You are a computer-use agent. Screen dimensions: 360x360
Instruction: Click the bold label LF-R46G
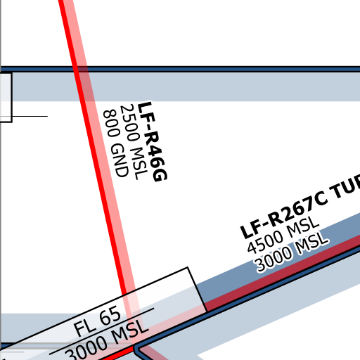[x=153, y=142]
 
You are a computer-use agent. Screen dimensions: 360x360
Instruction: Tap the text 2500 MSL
[x=134, y=142]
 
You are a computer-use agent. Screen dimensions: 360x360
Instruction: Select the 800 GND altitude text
[x=116, y=143]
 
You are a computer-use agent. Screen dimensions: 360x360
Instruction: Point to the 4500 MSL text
[x=283, y=235]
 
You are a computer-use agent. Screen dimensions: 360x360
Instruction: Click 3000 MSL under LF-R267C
[x=292, y=252]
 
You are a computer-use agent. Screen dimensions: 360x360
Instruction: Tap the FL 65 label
[x=97, y=321]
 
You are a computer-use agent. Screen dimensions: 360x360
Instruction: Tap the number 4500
[x=265, y=242]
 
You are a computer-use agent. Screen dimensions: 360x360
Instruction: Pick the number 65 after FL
[x=110, y=315]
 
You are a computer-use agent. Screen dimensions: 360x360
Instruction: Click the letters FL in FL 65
[x=84, y=327]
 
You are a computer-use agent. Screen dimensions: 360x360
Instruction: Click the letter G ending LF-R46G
[x=160, y=175]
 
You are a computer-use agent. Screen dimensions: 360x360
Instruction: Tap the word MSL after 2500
[x=140, y=164]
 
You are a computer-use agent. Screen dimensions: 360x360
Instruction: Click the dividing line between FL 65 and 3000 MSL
[x=102, y=331]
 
